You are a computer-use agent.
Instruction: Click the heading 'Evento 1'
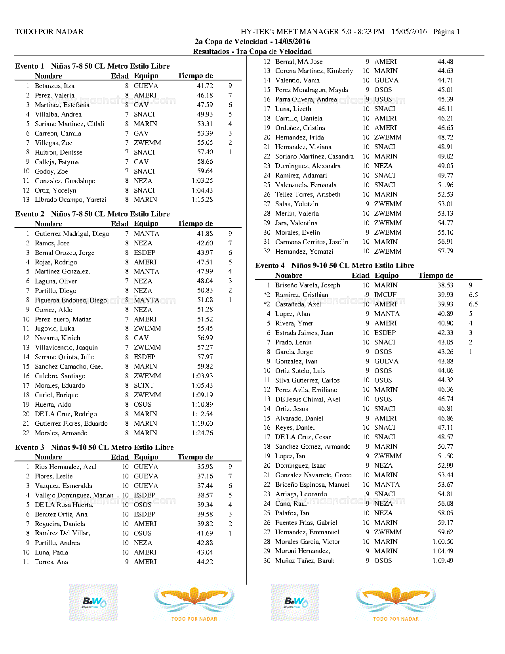[x=29, y=66]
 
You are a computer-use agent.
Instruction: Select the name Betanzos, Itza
[x=55, y=86]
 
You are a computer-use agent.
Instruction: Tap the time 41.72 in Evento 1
[x=205, y=86]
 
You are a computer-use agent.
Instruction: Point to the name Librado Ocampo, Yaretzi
[x=71, y=200]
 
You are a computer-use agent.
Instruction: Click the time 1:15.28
[x=202, y=200]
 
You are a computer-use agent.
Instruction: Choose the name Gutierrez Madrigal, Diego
[x=72, y=234]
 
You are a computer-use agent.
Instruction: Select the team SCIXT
[x=144, y=386]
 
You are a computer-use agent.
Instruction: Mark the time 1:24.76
[x=202, y=433]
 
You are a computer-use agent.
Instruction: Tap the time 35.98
[x=205, y=467]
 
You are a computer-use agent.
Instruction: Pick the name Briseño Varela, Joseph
[x=307, y=285]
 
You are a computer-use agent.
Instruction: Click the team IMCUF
[x=385, y=295]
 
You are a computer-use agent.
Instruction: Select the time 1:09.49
[x=443, y=561]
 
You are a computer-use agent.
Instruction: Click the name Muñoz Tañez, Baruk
[x=305, y=561]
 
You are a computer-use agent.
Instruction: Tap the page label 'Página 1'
[x=446, y=32]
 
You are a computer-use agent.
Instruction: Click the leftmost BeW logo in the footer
[x=93, y=602]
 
